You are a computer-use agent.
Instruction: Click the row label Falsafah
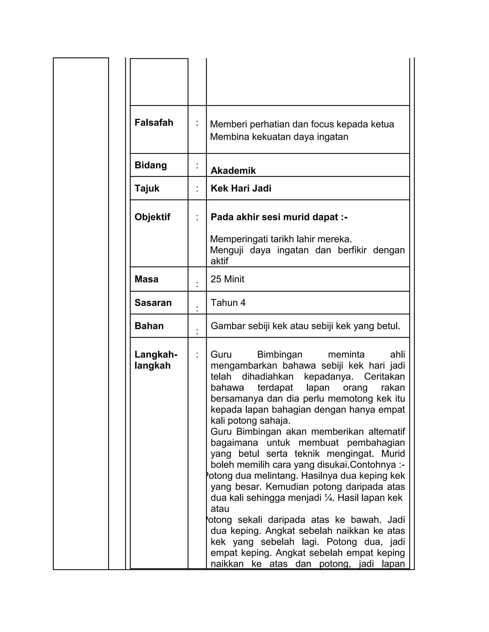click(154, 123)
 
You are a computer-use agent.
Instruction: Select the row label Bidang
click(151, 165)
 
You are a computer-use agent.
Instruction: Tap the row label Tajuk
click(147, 188)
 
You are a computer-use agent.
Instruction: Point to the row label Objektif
click(152, 217)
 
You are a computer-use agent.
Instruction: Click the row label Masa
click(146, 279)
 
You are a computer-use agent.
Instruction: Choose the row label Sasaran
click(153, 303)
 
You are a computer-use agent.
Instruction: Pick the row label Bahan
click(149, 326)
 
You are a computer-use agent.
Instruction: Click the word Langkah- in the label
click(156, 354)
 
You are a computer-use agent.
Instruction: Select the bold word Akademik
click(233, 171)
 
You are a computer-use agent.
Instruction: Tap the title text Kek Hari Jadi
click(241, 188)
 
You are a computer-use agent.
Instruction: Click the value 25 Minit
click(227, 279)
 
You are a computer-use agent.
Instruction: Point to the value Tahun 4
click(228, 303)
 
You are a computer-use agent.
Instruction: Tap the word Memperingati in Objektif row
click(239, 239)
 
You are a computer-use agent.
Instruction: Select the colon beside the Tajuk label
click(197, 188)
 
